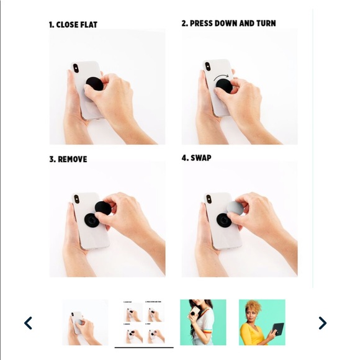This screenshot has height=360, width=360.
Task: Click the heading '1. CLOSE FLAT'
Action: [73, 25]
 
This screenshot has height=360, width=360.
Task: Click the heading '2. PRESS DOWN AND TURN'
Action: [228, 23]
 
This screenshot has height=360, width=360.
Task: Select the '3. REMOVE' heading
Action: [68, 159]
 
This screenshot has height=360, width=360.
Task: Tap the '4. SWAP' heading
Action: [196, 158]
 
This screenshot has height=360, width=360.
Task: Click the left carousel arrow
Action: [28, 323]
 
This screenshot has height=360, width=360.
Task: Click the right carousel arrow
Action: [322, 323]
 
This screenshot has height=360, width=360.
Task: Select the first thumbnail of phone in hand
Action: [85, 322]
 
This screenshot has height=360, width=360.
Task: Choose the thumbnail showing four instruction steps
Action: [144, 322]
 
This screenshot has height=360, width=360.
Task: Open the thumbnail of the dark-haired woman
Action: [203, 322]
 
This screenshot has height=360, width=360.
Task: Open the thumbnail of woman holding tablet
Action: [262, 322]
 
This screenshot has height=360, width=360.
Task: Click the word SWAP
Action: [200, 158]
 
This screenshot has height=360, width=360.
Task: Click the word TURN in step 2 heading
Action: [265, 23]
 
